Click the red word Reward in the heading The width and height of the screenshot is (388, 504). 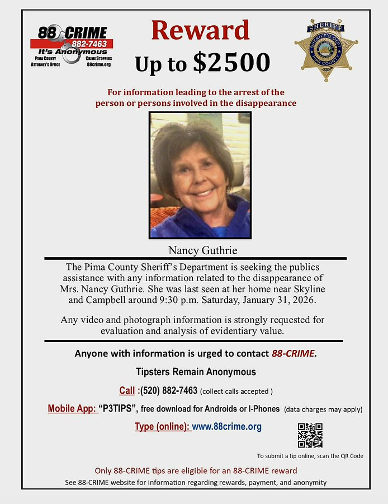click(x=200, y=31)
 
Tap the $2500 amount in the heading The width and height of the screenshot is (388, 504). click(x=232, y=63)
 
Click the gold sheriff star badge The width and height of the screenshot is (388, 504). click(x=326, y=50)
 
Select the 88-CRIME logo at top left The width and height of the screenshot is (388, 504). click(x=72, y=47)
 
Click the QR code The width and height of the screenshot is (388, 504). click(x=310, y=435)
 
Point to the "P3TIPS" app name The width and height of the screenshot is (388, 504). click(x=119, y=409)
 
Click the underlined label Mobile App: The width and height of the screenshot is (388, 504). click(x=72, y=409)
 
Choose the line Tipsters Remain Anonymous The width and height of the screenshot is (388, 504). click(x=196, y=372)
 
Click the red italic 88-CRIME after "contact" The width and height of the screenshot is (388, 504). click(x=294, y=353)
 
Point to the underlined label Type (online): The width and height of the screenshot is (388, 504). click(x=162, y=427)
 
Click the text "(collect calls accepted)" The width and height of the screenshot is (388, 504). click(x=236, y=391)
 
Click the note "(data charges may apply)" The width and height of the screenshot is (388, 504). click(x=323, y=409)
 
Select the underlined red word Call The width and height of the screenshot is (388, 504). click(x=127, y=390)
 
